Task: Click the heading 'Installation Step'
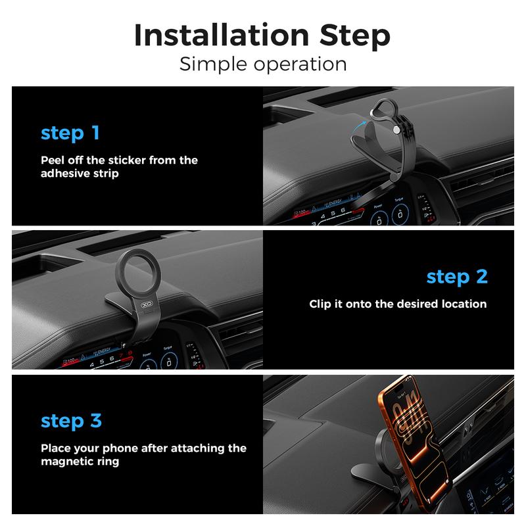[x=262, y=36]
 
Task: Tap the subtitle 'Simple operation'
[x=263, y=64]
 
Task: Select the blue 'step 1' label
[x=70, y=133]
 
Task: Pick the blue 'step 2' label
[x=457, y=277]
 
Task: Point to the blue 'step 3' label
[x=71, y=421]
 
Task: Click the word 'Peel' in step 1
[x=53, y=160]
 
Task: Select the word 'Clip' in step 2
[x=320, y=304]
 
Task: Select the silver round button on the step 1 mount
[x=396, y=130]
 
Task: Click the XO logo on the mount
[x=147, y=304]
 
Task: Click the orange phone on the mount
[x=415, y=442]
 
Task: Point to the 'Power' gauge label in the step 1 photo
[x=378, y=206]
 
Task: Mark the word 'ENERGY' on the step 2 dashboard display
[x=104, y=350]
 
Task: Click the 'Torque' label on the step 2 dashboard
[x=168, y=348]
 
